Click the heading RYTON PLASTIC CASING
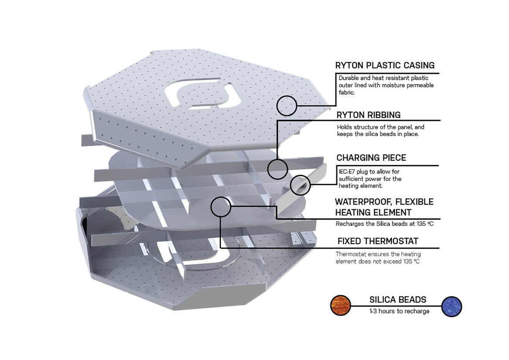click(x=385, y=65)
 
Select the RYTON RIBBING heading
click(x=369, y=115)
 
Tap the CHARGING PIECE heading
click(x=371, y=157)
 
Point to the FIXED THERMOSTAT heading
click(x=378, y=241)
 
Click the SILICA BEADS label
click(x=398, y=300)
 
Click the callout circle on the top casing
click(x=287, y=105)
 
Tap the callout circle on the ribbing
click(x=277, y=168)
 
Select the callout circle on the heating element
click(x=221, y=207)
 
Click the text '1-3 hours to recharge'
click(x=399, y=311)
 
